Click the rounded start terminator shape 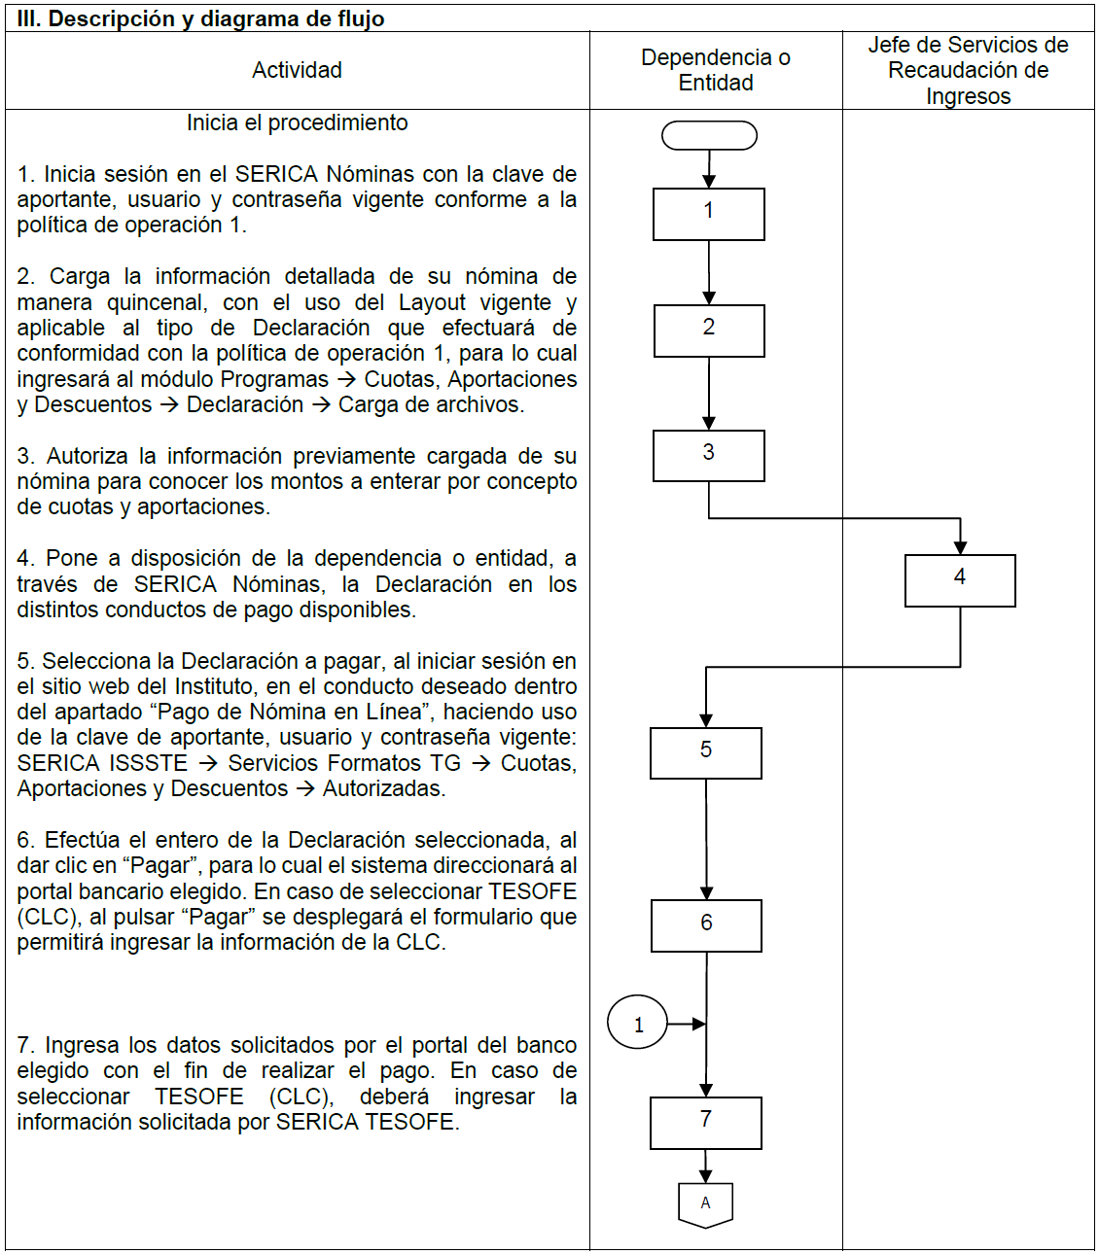click(709, 135)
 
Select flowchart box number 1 click(708, 214)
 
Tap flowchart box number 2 click(709, 331)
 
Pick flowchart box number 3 click(708, 456)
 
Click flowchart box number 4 click(960, 580)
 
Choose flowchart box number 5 click(706, 752)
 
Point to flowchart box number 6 click(706, 925)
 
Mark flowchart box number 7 click(706, 1123)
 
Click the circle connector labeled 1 click(638, 1024)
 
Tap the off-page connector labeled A click(705, 1204)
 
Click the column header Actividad click(297, 70)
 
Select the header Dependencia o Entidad click(715, 70)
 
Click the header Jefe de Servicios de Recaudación click(968, 70)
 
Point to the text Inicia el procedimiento click(297, 122)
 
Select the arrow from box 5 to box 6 click(706, 838)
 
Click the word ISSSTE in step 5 click(148, 763)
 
